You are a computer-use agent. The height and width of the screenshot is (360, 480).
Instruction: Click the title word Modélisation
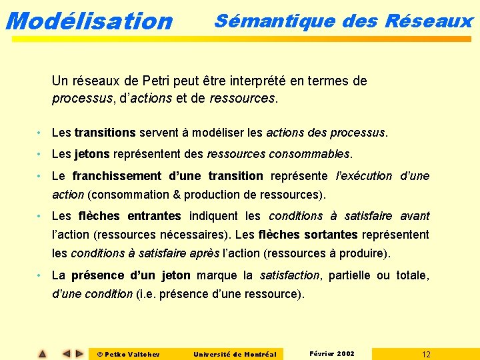pos(88,21)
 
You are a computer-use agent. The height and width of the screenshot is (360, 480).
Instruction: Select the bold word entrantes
pos(154,216)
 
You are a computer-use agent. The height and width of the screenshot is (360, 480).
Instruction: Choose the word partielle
pos(350,275)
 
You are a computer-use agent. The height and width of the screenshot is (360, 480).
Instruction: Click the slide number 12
pos(426,354)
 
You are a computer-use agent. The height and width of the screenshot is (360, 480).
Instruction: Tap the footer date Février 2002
pos(332,353)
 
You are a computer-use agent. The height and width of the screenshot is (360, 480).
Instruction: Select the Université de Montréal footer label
pos(235,354)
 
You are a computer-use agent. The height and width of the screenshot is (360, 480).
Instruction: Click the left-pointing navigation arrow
pos(66,354)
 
